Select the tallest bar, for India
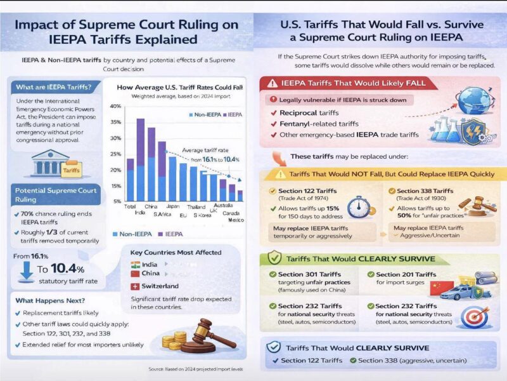point(141,159)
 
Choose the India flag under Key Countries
point(136,264)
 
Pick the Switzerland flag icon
point(136,286)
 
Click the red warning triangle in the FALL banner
point(273,83)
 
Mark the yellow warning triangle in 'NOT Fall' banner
point(279,174)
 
